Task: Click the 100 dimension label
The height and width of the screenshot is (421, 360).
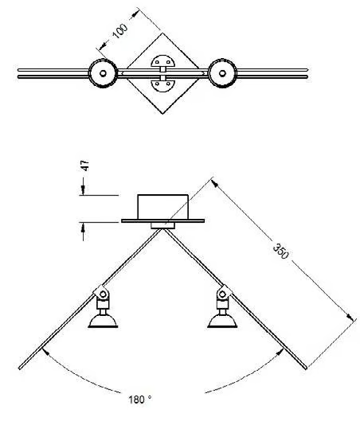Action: pos(120,31)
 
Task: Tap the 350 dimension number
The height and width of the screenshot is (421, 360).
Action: pos(280,251)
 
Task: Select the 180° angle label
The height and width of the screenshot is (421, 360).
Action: pos(140,400)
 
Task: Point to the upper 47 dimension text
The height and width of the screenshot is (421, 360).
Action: pos(85,166)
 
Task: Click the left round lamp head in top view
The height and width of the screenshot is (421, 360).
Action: pos(103,73)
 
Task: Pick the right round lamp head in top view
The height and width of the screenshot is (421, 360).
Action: pos(222,73)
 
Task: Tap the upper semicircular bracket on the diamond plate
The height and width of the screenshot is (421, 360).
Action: pos(162,61)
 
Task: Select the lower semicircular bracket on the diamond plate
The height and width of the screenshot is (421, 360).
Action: pos(162,85)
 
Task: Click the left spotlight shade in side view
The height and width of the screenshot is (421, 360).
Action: pos(103,321)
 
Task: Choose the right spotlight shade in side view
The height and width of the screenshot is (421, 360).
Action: pos(222,321)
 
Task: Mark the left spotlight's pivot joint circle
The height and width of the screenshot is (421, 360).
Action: pos(103,294)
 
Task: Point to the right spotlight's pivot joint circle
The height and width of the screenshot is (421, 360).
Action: pos(222,294)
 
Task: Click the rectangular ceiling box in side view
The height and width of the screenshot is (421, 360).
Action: pos(162,207)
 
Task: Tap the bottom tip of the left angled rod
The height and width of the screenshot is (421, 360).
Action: pos(20,368)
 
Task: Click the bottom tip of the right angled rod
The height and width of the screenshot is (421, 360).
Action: pos(305,368)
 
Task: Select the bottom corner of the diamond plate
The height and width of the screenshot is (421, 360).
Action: pos(162,114)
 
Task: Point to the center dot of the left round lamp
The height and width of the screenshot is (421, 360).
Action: pos(103,73)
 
